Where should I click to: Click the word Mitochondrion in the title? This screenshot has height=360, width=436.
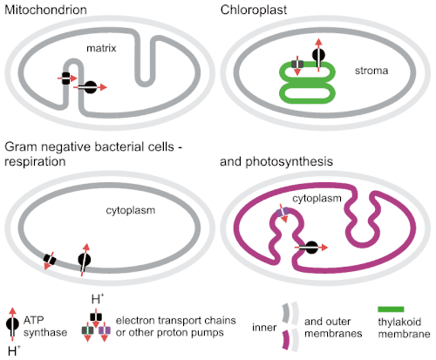coord(45,10)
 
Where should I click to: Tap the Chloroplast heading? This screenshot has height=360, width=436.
coord(254,10)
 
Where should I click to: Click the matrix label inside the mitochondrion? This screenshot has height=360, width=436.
coord(101,48)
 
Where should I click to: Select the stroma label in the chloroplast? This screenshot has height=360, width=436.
coord(371,71)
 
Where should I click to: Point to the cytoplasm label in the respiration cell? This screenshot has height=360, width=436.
coord(130,210)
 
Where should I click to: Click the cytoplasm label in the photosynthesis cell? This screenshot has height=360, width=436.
coord(317,199)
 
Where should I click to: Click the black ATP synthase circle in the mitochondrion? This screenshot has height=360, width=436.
coord(90,87)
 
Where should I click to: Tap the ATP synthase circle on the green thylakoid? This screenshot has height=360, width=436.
coord(318,55)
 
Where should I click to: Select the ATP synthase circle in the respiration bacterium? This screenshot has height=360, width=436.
coord(85,259)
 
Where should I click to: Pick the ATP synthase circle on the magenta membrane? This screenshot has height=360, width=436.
coord(311,248)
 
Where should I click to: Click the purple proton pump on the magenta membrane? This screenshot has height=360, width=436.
coord(283,212)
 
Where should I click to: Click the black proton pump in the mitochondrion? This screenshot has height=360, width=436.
coord(66,78)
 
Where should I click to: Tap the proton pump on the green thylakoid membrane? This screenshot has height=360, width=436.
coord(297,65)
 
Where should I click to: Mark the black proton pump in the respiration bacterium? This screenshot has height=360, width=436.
coord(50,259)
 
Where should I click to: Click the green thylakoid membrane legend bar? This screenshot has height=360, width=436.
coord(391,309)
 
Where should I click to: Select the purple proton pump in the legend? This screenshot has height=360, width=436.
coord(105,330)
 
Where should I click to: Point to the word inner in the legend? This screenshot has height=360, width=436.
coord(264,328)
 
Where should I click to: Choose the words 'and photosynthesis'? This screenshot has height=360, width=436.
coord(276,162)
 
